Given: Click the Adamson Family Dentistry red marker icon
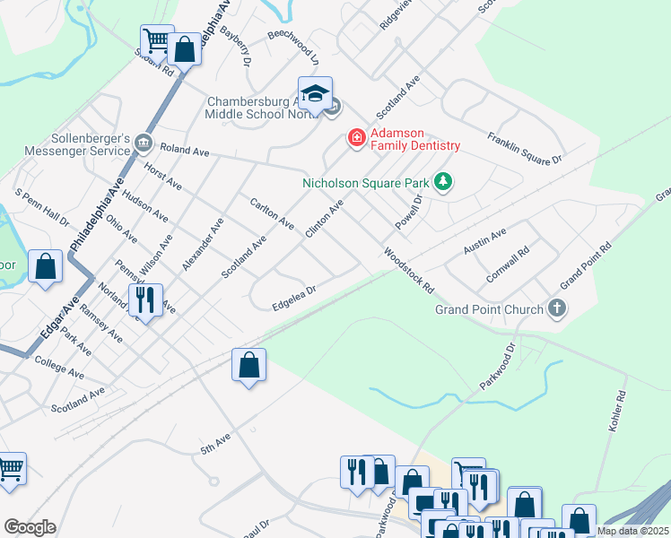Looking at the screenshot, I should tap(356, 137).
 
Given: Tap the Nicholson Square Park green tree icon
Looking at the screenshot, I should tap(442, 182).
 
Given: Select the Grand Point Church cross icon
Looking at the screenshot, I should tap(557, 309).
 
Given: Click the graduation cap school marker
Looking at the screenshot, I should tap(315, 94).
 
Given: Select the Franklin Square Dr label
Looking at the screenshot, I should tap(524, 148).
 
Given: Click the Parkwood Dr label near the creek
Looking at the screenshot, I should tap(498, 365).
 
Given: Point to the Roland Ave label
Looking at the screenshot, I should tap(184, 152).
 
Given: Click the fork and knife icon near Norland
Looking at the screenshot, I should tap(144, 299).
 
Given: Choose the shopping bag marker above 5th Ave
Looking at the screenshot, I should tap(248, 366).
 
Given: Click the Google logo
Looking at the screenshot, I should tap(30, 527).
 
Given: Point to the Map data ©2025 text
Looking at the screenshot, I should tap(632, 531).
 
